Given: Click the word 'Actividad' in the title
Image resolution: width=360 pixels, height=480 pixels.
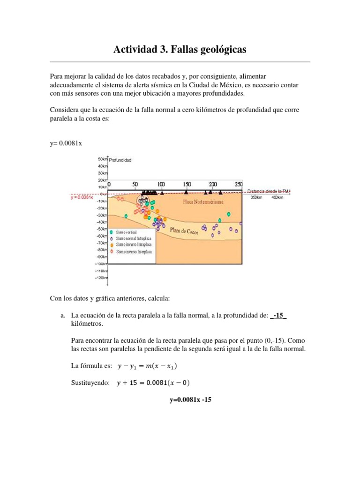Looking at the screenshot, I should coord(136,49).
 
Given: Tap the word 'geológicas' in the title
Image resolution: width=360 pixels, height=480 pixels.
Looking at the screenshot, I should coord(221,49).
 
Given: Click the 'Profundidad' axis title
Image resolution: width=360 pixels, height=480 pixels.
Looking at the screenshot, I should coord(120,160).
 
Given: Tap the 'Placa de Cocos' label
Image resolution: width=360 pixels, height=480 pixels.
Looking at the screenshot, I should coord(184,230).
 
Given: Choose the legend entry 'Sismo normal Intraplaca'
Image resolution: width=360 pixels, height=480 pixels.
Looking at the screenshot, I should coord(134,238).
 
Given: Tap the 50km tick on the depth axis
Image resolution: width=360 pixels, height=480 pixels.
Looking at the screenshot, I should coord(103,159).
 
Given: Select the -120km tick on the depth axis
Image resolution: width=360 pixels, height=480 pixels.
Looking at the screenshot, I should coord(102,278).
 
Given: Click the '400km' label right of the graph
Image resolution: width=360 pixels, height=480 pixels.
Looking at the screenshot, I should coord(278,198).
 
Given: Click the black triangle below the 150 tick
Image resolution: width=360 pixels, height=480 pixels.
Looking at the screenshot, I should coord(187,192).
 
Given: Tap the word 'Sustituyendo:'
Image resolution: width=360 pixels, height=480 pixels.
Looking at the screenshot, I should coord(90,383).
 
